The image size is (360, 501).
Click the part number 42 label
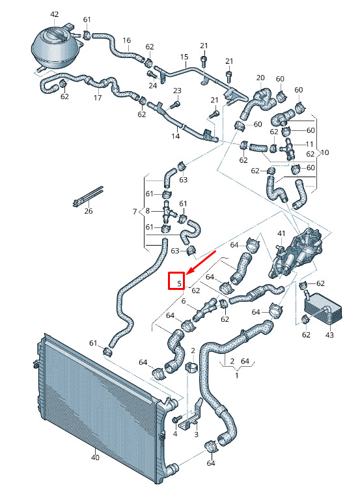[x=55, y=14]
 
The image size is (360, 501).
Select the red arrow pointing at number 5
[x=201, y=263]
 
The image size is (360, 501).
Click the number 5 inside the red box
[x=180, y=283]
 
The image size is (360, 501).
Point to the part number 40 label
[x=95, y=457]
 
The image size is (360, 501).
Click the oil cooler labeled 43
[x=323, y=306]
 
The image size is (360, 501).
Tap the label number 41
[x=281, y=234]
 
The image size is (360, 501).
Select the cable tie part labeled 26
[x=87, y=196]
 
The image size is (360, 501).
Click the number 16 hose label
[x=127, y=40]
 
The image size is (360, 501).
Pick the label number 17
[x=98, y=98]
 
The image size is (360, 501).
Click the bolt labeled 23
[x=175, y=104]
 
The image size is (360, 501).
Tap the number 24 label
[x=153, y=85]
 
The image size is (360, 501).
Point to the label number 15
[x=184, y=57]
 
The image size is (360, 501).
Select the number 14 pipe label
[x=176, y=136]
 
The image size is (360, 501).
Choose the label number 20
[x=260, y=78]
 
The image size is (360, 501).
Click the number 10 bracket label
[x=325, y=152]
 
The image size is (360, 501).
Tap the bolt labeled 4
[x=176, y=419]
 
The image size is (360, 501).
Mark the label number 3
[x=197, y=434]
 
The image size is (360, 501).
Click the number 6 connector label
[x=184, y=301]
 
